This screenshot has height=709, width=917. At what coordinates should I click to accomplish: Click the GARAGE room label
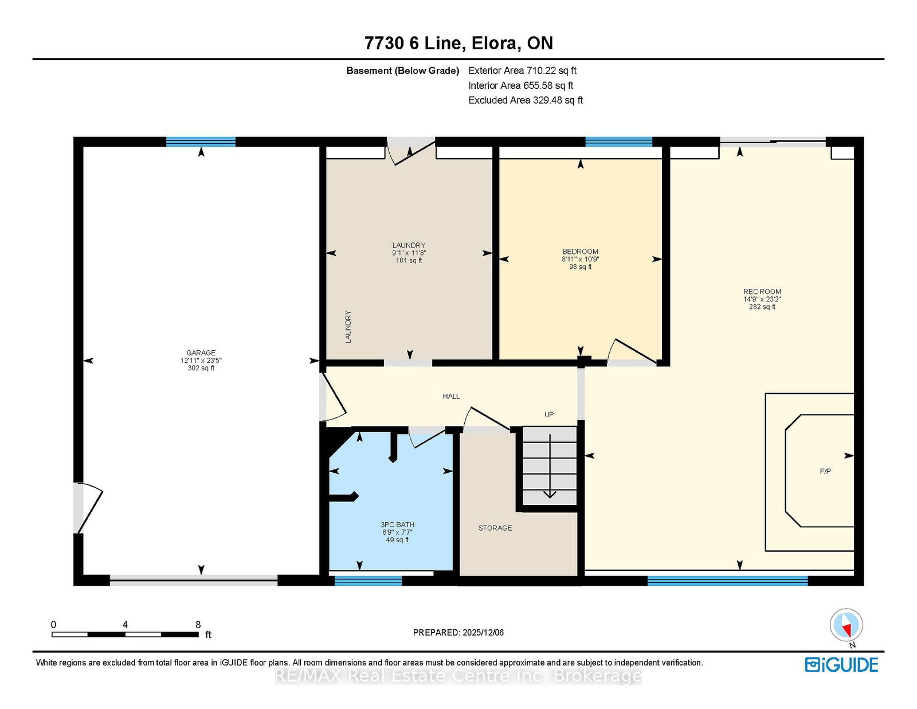click(201, 352)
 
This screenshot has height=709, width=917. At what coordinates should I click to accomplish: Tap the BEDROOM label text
click(580, 252)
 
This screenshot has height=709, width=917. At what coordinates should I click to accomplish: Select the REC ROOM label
click(762, 292)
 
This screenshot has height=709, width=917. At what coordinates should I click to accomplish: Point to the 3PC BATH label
click(398, 524)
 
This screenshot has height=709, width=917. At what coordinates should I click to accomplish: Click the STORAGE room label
click(495, 528)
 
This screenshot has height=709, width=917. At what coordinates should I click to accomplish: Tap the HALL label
click(451, 396)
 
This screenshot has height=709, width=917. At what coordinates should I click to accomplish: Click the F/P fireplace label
click(825, 471)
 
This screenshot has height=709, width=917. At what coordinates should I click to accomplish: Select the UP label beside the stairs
click(549, 414)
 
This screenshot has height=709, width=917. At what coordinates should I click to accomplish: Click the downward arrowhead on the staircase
click(550, 494)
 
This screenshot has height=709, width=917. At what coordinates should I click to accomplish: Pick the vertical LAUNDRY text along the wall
click(348, 327)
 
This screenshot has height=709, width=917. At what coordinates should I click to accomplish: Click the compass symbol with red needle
click(846, 625)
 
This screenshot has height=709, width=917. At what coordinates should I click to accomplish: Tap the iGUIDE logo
click(841, 665)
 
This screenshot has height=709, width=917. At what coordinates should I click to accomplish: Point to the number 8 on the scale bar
click(198, 625)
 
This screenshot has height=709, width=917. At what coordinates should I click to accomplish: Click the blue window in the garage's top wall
click(201, 142)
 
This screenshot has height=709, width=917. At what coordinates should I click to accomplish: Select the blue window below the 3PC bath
click(368, 581)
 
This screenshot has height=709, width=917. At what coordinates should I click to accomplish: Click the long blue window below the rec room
click(727, 581)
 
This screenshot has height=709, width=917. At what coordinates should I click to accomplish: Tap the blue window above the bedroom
click(618, 142)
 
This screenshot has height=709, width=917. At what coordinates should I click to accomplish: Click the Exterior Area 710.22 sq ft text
click(523, 70)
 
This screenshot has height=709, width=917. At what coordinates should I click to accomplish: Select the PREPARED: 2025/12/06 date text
click(458, 632)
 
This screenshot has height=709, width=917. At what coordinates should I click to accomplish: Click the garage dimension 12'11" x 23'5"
click(201, 361)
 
